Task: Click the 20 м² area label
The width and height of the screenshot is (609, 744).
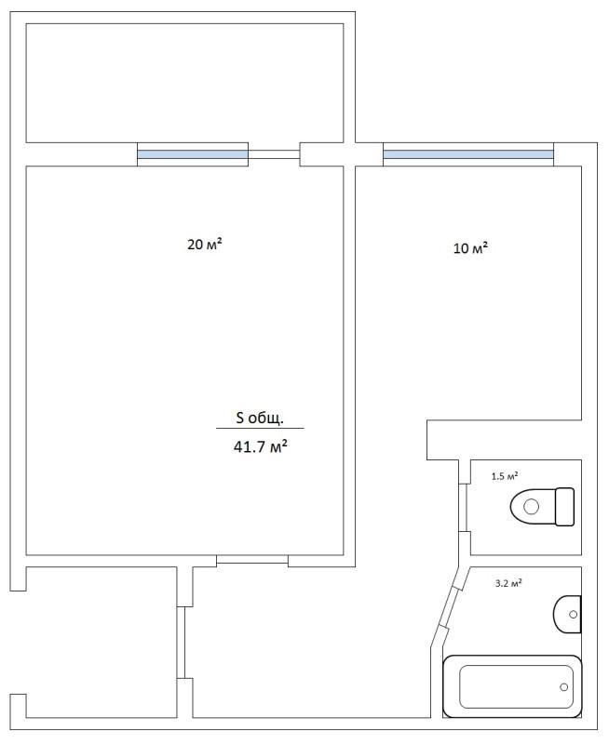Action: pyautogui.click(x=205, y=245)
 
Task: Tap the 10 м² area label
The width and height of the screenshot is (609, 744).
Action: pyautogui.click(x=471, y=247)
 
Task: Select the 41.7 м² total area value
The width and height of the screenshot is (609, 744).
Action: pyautogui.click(x=261, y=446)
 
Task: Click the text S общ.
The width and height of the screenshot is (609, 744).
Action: pyautogui.click(x=260, y=418)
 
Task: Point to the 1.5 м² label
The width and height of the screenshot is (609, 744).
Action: pyautogui.click(x=505, y=476)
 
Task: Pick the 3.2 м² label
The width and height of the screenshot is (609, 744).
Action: pyautogui.click(x=508, y=583)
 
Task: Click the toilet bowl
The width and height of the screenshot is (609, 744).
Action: pyautogui.click(x=533, y=507)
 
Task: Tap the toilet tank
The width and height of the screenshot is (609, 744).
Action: pyautogui.click(x=565, y=507)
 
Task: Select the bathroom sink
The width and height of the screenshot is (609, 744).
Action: pyautogui.click(x=567, y=615)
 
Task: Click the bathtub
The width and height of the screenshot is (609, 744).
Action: pyautogui.click(x=512, y=686)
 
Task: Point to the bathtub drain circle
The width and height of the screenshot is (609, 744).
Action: pyautogui.click(x=564, y=687)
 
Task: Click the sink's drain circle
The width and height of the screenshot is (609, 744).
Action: pyautogui.click(x=573, y=615)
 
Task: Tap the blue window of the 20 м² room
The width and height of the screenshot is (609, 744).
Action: pyautogui.click(x=193, y=154)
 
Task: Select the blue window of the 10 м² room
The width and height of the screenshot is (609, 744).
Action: pyautogui.click(x=468, y=154)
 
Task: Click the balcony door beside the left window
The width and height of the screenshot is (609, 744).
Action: pyautogui.click(x=274, y=154)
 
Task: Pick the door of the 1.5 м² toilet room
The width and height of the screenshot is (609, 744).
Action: pyautogui.click(x=465, y=507)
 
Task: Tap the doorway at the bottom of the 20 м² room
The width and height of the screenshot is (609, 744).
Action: pyautogui.click(x=252, y=560)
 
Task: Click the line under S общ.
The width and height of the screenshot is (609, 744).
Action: pyautogui.click(x=261, y=429)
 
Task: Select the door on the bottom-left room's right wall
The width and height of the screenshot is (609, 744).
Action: pyautogui.click(x=181, y=643)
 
